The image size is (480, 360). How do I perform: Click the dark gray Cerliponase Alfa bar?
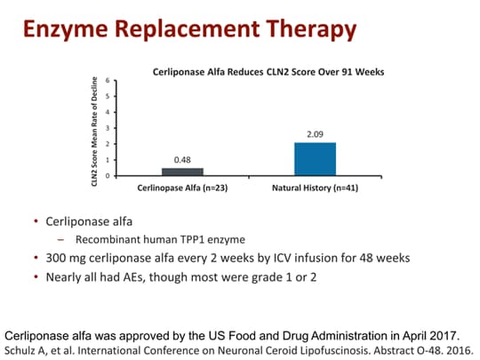pos(181,172)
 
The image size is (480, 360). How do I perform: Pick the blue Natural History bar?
pos(315,158)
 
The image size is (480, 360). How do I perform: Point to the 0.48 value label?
pos(181,160)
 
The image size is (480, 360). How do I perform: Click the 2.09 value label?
pos(315,134)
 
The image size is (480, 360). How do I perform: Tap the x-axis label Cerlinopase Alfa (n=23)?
pos(181,188)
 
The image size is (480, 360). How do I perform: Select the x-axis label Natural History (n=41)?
pos(316,188)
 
